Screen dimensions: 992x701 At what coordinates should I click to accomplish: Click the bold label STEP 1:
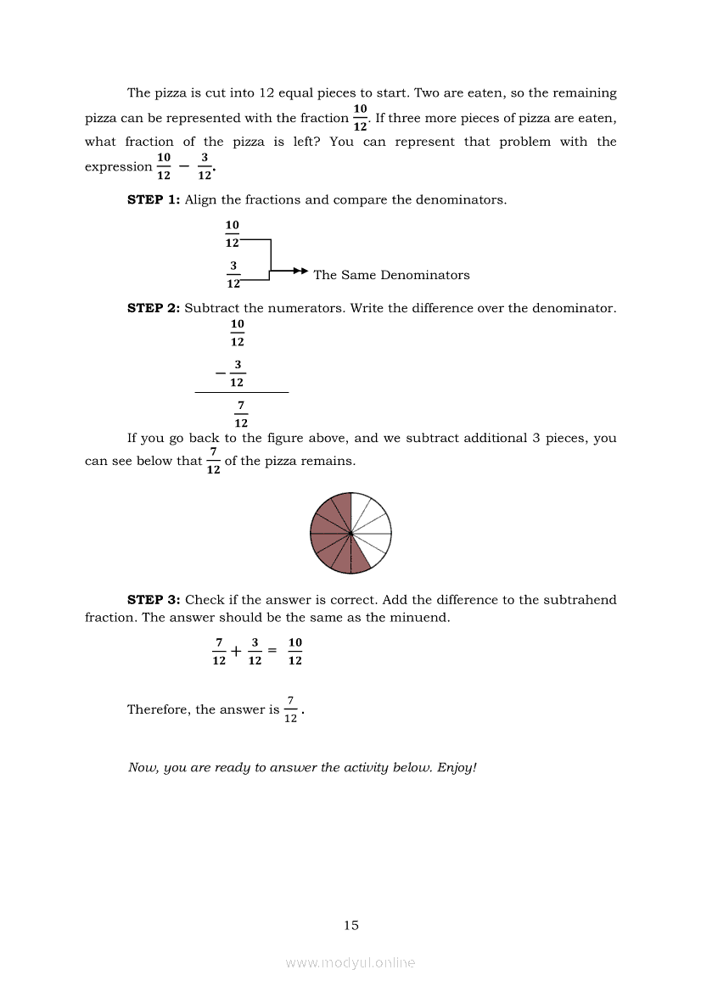click(153, 200)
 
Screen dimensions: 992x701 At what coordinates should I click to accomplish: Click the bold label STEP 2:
click(153, 308)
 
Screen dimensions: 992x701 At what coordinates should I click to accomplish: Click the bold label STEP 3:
click(154, 600)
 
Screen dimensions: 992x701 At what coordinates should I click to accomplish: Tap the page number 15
click(351, 926)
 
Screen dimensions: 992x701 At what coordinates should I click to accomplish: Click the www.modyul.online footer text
click(350, 963)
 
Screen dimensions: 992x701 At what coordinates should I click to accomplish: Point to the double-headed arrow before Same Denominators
click(299, 271)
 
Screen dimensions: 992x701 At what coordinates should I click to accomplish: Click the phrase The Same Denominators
click(391, 275)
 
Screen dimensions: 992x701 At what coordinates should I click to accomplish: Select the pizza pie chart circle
click(350, 533)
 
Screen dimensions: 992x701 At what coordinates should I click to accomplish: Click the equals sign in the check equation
click(272, 652)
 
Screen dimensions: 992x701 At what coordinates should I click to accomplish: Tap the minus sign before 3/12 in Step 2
click(221, 373)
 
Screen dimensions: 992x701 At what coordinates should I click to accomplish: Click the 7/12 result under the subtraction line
click(241, 414)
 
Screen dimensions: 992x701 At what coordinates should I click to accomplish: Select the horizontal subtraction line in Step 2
click(242, 393)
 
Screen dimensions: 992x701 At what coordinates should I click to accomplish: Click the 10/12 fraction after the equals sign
click(294, 652)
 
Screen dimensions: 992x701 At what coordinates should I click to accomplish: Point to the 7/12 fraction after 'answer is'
click(290, 709)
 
